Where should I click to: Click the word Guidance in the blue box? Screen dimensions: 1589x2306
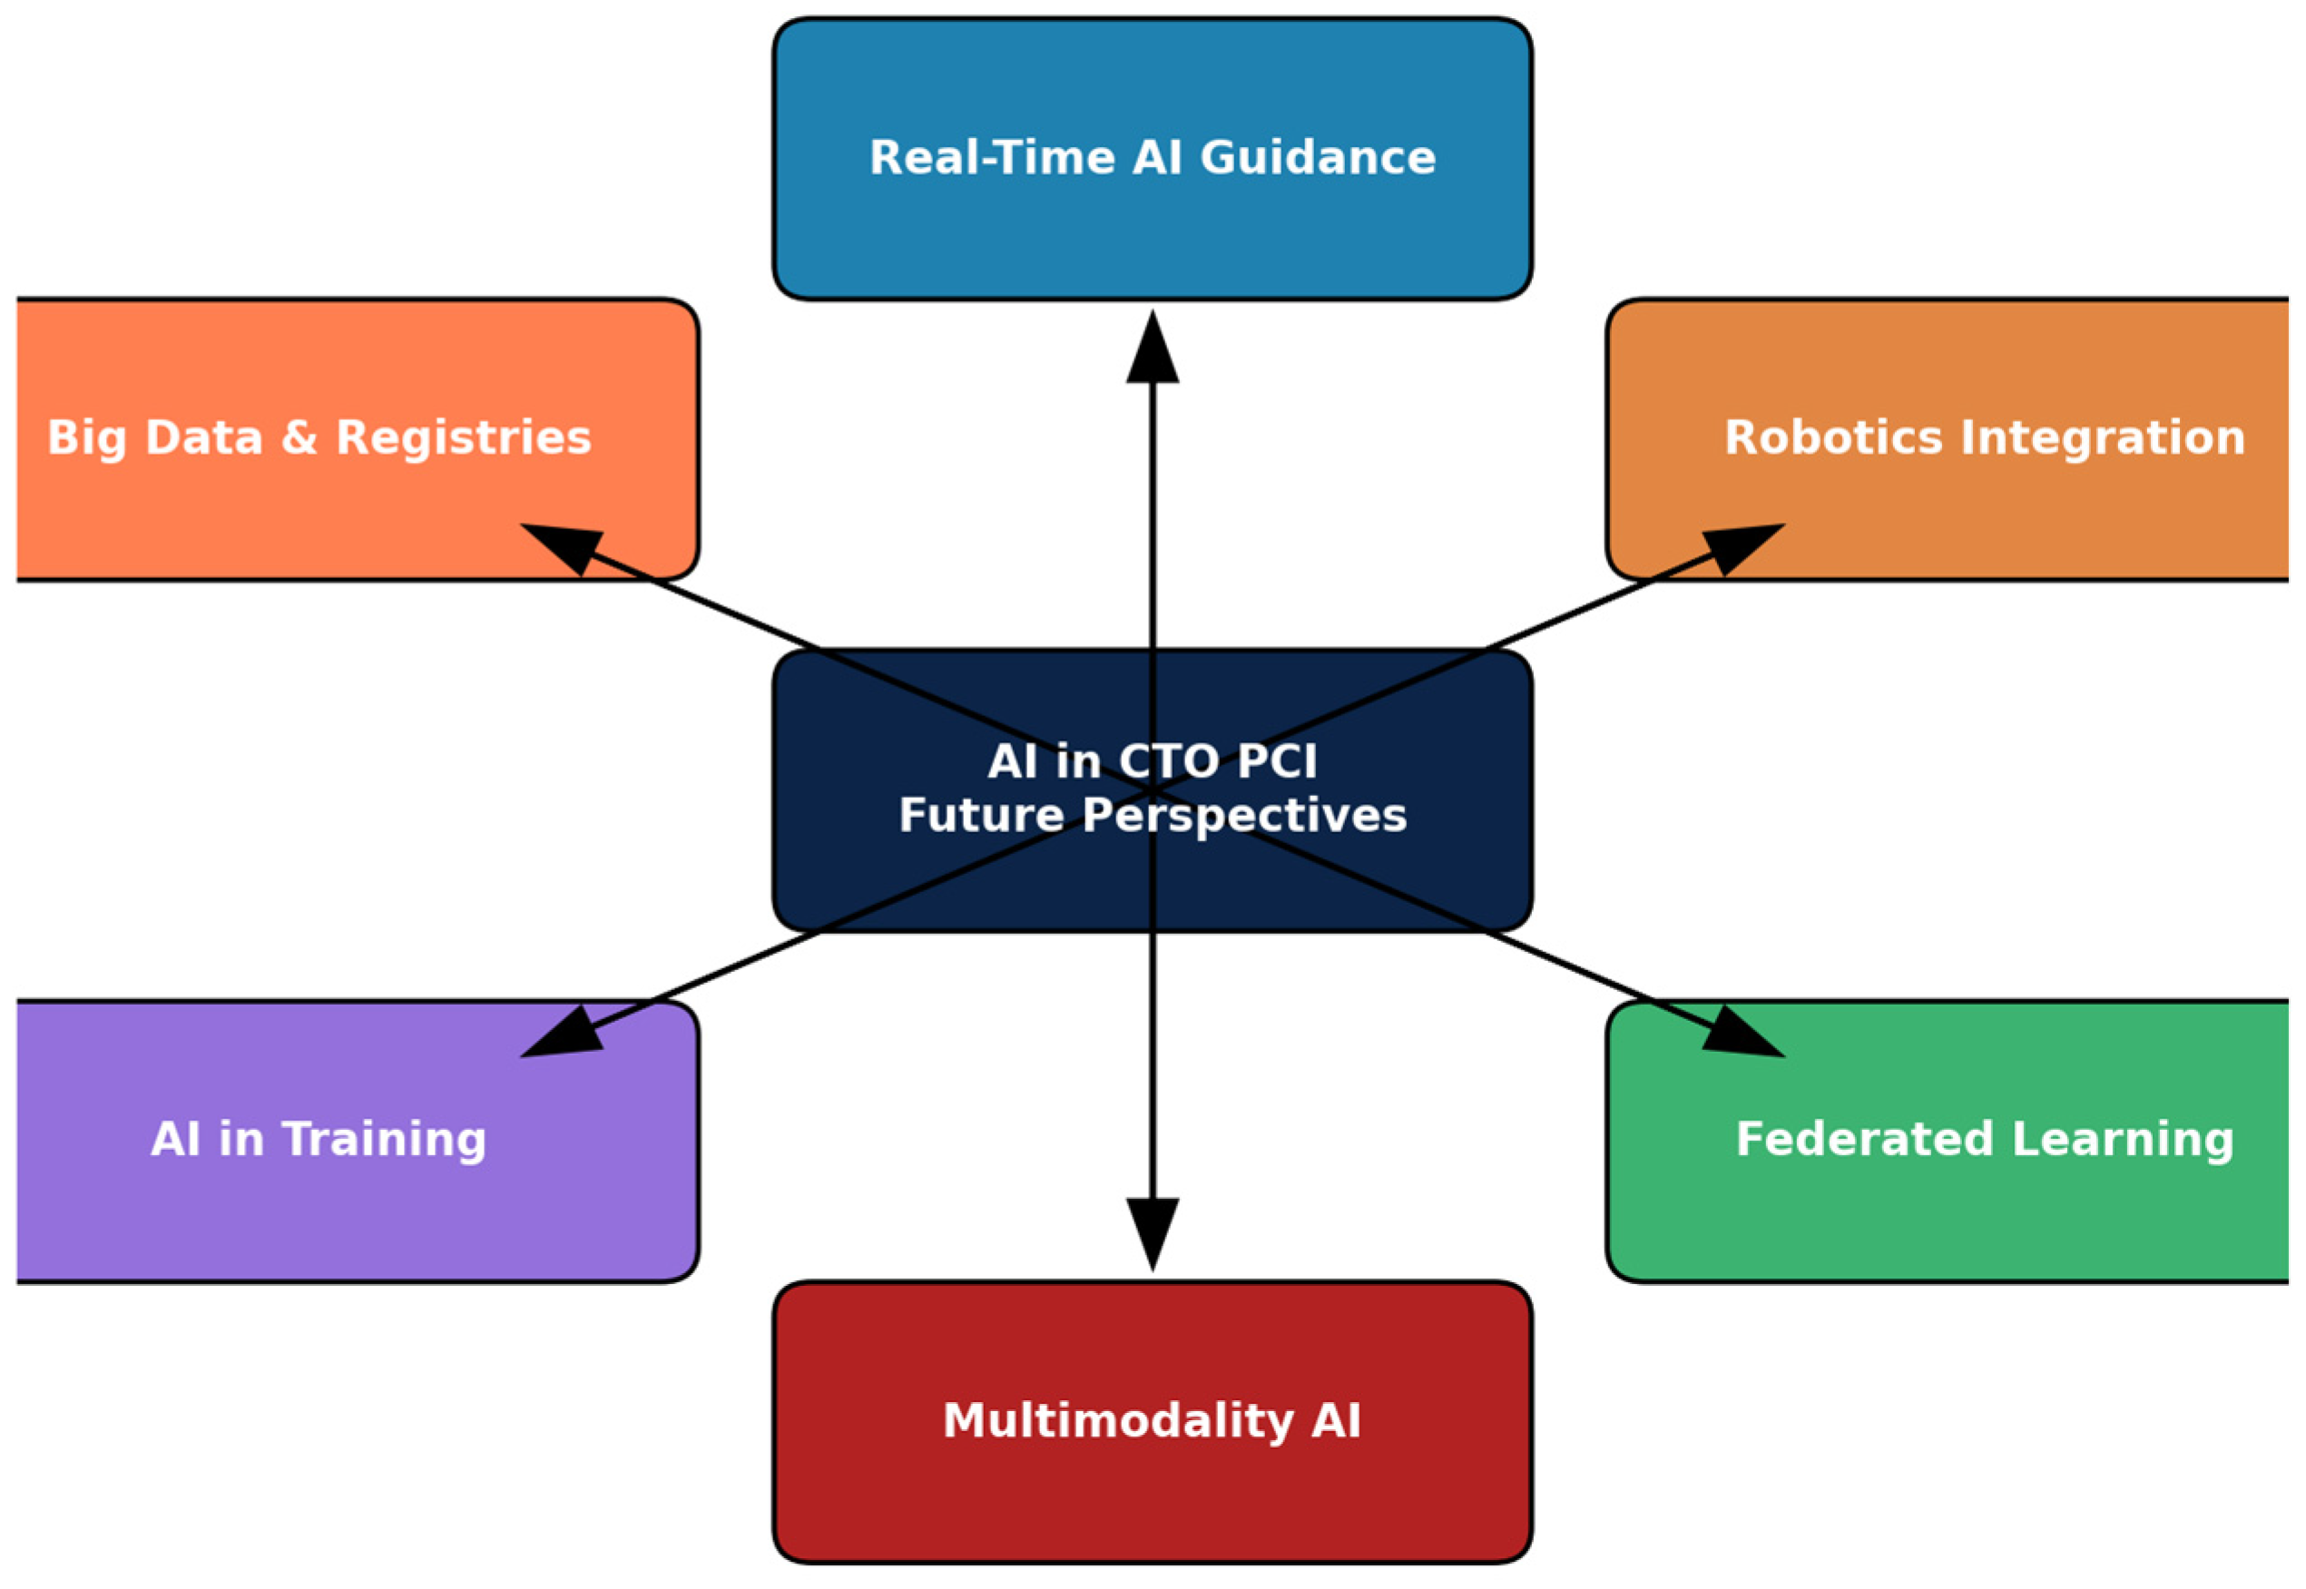(1318, 157)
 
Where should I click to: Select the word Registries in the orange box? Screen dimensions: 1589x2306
(463, 438)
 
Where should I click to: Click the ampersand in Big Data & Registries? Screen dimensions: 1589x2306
(299, 438)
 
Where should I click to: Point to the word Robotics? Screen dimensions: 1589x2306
(1833, 438)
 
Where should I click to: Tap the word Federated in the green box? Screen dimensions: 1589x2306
(1864, 1139)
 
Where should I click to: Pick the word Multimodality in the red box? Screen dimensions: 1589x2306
(1118, 1421)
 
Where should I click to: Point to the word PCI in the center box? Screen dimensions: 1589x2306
(1277, 761)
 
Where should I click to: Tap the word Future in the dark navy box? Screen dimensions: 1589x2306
(981, 816)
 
